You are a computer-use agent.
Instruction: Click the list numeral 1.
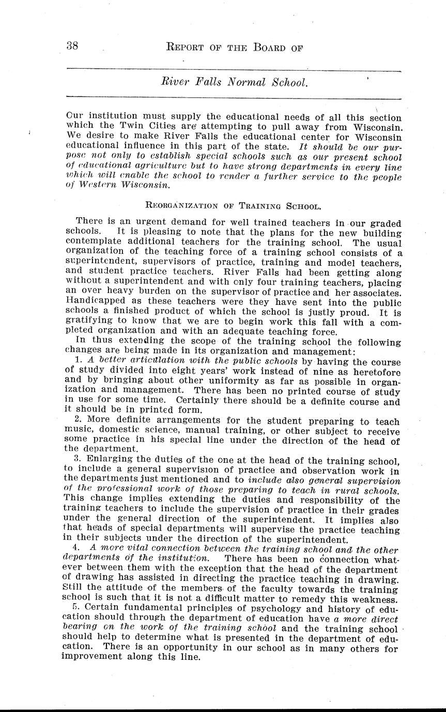tap(78, 360)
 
